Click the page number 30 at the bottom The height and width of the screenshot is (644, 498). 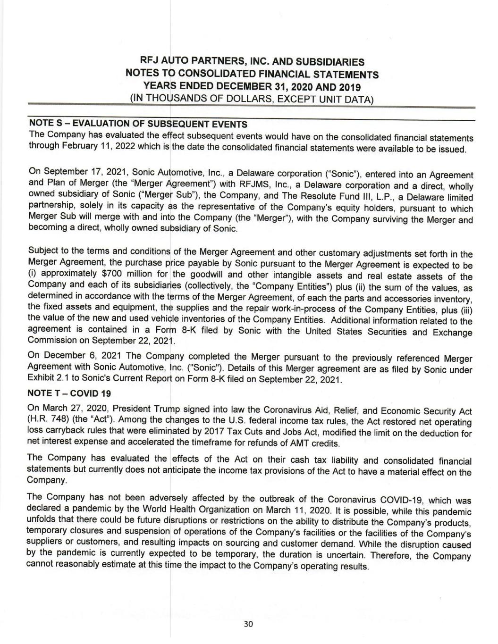[x=249, y=624]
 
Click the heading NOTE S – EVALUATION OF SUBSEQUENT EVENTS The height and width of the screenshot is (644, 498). [x=138, y=124]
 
